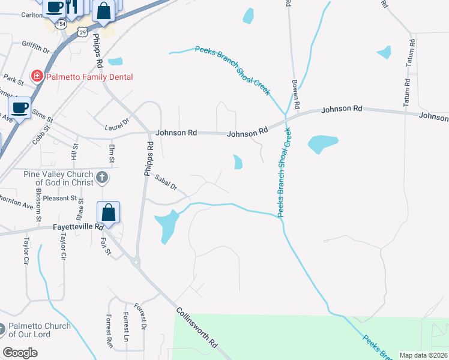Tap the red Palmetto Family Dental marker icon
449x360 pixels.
coord(37,76)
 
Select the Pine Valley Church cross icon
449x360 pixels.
coord(103,177)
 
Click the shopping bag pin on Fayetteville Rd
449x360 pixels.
coord(109,212)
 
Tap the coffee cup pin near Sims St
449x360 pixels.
coord(19,108)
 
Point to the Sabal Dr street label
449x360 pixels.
coord(165,182)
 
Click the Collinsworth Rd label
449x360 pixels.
coord(197,328)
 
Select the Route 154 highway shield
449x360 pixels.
coord(61,26)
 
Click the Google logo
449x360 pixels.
coord(20,352)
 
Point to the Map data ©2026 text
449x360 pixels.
coord(423,355)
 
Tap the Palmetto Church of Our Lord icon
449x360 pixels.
coord(2,330)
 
